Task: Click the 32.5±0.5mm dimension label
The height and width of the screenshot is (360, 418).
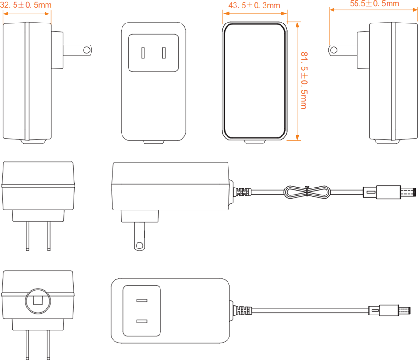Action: click(26, 5)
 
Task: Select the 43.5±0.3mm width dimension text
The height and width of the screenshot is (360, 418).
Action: click(253, 6)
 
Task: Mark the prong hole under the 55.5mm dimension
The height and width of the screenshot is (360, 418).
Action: click(334, 49)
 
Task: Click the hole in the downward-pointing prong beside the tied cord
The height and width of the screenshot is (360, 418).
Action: click(139, 245)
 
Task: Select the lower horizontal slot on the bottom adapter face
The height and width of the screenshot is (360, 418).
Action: click(142, 322)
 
